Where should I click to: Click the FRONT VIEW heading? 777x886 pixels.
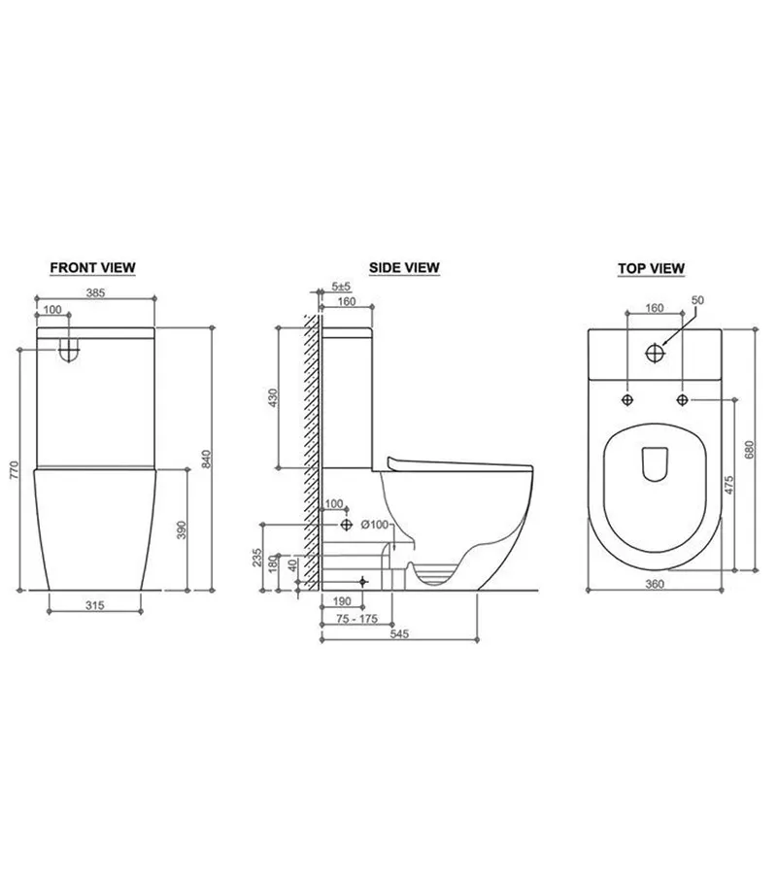[x=92, y=267]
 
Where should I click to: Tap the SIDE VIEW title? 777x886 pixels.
[x=404, y=267]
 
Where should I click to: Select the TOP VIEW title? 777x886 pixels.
[x=651, y=268]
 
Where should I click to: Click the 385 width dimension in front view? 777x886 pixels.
[x=95, y=292]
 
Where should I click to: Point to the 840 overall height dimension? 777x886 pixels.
[x=206, y=459]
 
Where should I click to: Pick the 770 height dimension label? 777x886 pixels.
[x=15, y=470]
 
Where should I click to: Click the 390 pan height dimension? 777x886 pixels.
[x=182, y=530]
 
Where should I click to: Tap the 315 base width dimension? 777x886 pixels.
[x=95, y=605]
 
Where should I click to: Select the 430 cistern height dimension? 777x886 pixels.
[x=273, y=397]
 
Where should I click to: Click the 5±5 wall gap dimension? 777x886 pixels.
[x=341, y=287]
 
